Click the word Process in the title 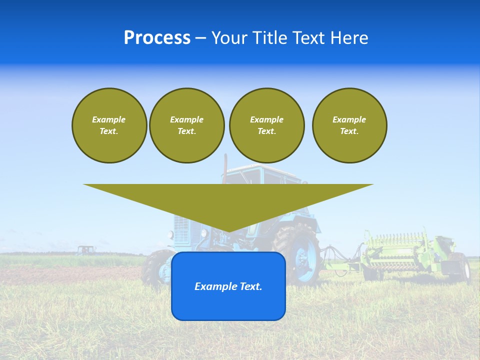click(x=157, y=38)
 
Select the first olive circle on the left click(x=109, y=125)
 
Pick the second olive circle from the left click(x=186, y=125)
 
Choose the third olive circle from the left click(x=266, y=125)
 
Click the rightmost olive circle click(x=349, y=125)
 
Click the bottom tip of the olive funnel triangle click(x=228, y=231)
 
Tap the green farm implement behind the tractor click(x=400, y=250)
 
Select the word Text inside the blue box click(x=248, y=286)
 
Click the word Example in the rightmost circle click(x=349, y=119)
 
